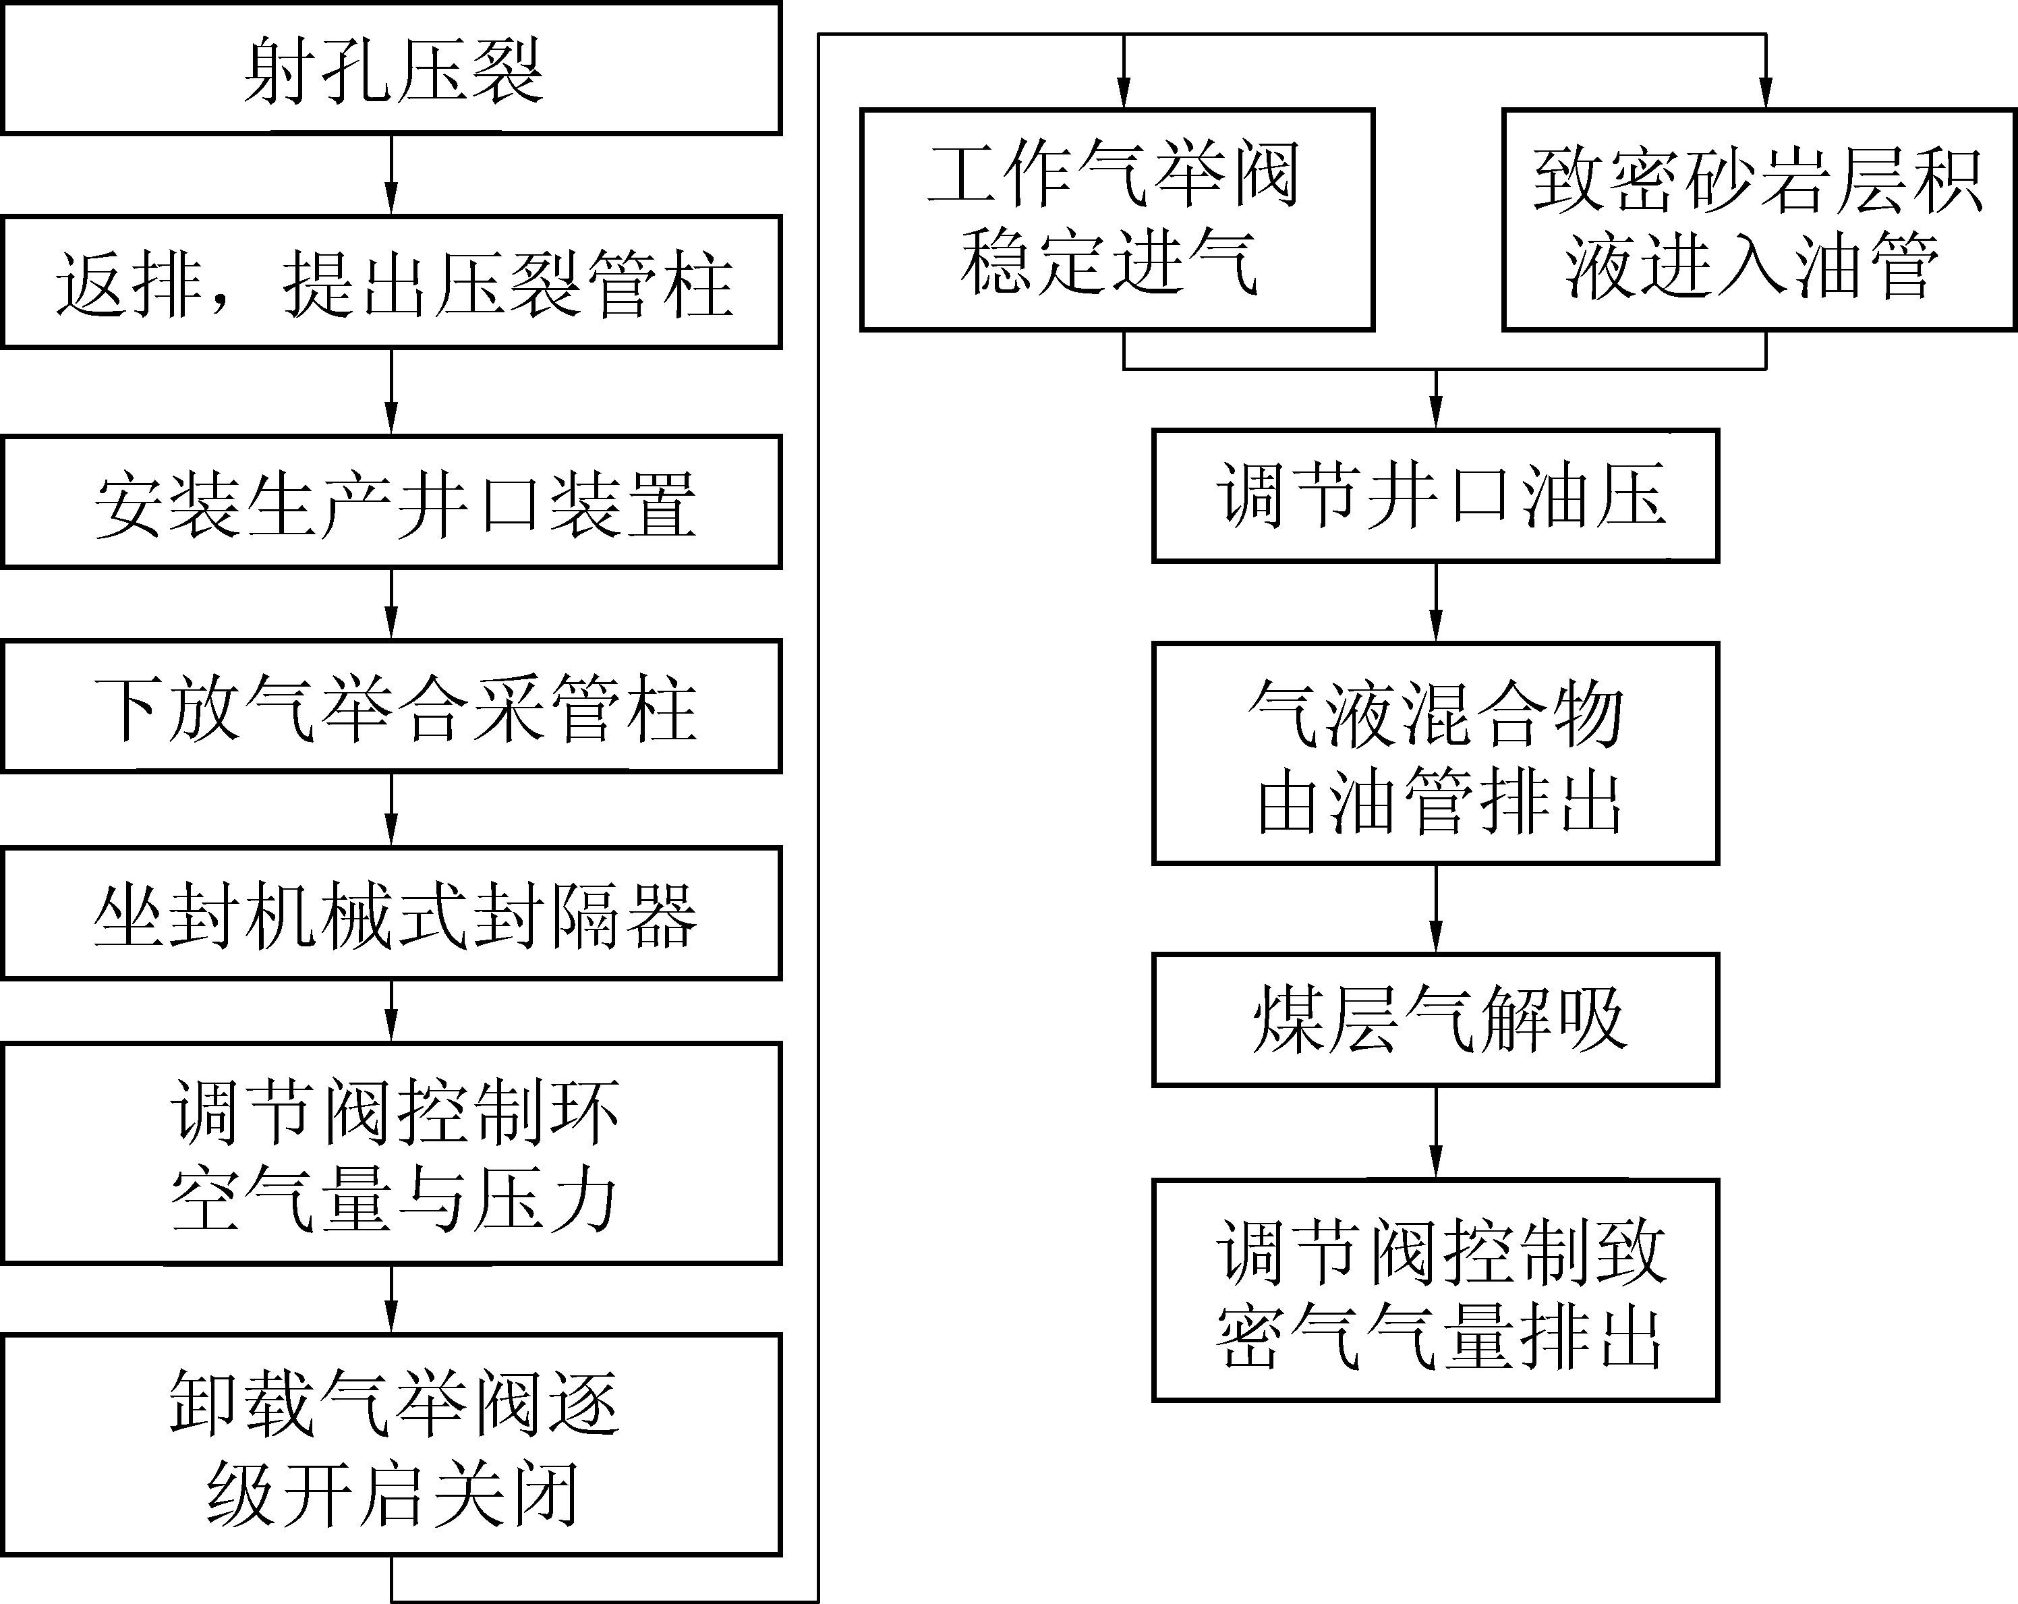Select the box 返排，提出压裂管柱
tap(391, 283)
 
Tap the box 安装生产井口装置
tap(391, 503)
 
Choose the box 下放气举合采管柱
tap(391, 706)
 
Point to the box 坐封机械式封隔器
tap(391, 914)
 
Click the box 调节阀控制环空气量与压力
tap(391, 1154)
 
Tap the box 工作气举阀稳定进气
tap(1117, 220)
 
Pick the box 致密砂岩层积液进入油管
tap(1758, 220)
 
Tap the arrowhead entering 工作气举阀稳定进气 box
tap(1124, 94)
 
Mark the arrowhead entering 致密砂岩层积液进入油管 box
tap(1765, 94)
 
